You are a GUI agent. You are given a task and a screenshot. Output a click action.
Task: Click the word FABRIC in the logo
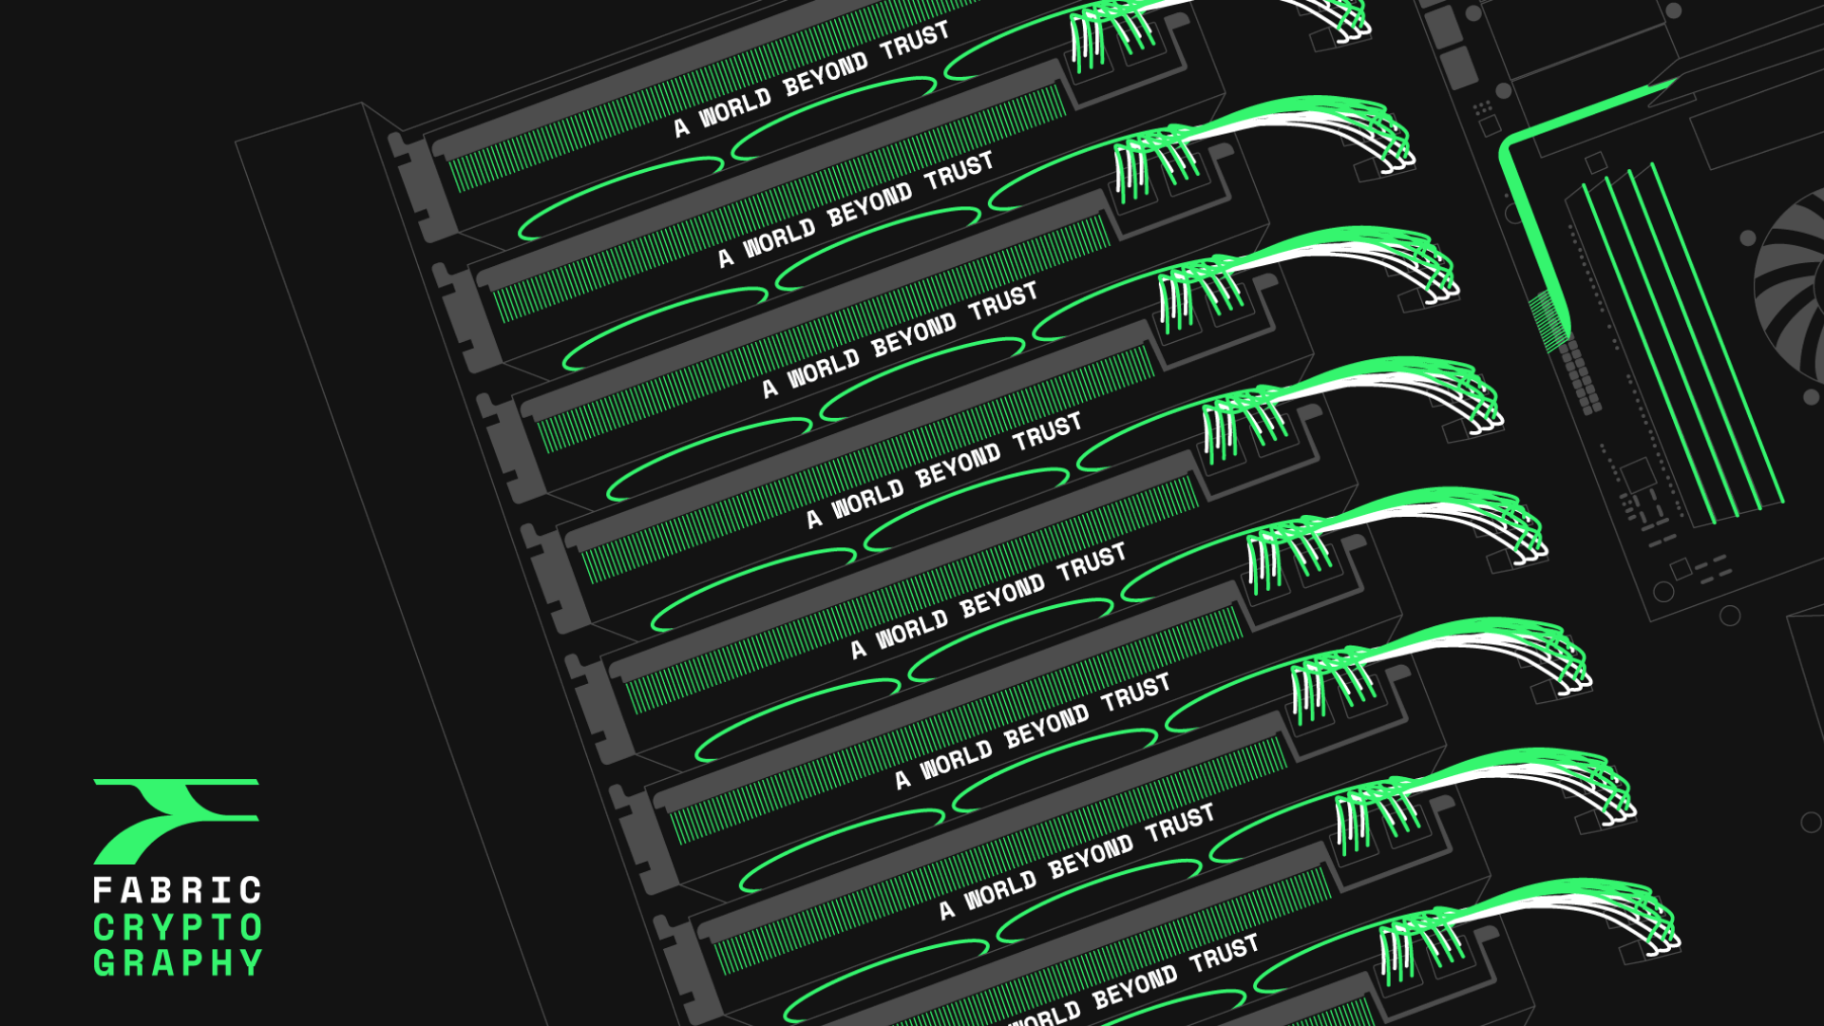coord(177,890)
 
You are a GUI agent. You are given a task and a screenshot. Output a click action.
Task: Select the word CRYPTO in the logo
coord(178,927)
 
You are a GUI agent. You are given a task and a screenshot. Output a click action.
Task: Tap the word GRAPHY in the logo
coord(178,963)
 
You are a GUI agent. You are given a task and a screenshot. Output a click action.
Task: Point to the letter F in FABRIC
coord(103,890)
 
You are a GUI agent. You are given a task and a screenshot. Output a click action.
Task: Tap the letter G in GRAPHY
coord(103,963)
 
